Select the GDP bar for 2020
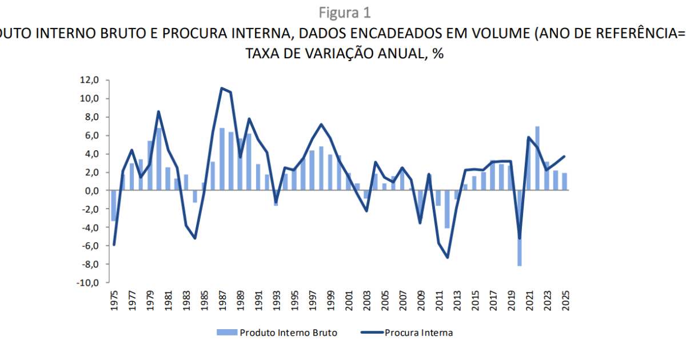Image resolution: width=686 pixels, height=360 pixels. [x=520, y=228]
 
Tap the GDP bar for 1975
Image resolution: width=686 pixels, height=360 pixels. [x=114, y=206]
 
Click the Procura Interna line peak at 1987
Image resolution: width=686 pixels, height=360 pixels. [x=222, y=89]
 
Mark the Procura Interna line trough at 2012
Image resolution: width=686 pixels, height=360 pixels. [x=447, y=257]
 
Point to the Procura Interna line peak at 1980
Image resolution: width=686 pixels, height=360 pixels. [x=159, y=111]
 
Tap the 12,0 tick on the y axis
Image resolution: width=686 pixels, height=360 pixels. [x=89, y=80]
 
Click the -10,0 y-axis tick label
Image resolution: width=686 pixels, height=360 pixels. [x=87, y=282]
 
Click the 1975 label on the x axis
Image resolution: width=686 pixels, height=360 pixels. [x=114, y=300]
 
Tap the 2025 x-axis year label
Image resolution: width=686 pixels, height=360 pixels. [x=565, y=300]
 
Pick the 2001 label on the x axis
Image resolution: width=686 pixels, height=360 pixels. [x=348, y=300]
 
